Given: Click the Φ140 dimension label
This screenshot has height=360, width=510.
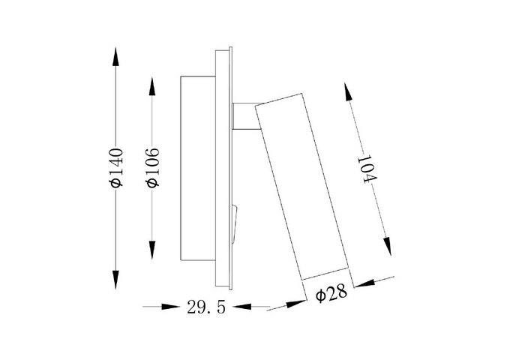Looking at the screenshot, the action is (116, 168).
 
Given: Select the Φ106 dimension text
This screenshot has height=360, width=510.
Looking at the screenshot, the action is (153, 168).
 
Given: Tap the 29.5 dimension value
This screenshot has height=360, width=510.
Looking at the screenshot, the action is (206, 307).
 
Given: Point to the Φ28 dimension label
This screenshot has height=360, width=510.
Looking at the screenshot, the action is (331, 294).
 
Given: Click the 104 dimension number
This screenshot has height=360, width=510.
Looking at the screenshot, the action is (367, 169).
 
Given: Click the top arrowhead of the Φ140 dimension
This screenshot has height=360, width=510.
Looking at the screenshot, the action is (115, 56).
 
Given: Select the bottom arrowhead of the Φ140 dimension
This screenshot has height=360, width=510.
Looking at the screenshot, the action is (115, 280).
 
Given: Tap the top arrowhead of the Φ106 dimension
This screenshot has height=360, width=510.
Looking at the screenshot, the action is (152, 86).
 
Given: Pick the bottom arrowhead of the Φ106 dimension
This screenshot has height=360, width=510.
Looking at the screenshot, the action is (152, 250).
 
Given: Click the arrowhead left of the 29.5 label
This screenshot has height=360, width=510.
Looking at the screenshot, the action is (171, 306).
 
